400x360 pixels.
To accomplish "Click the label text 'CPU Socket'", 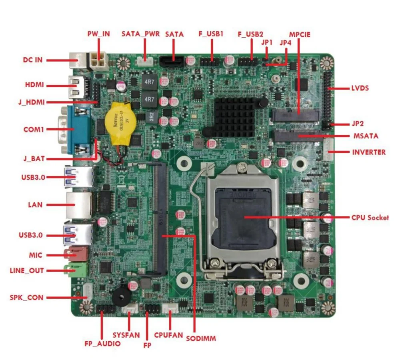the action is tap(370, 218).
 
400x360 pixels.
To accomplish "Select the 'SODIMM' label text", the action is tap(201, 338).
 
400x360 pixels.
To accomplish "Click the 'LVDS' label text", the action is tap(360, 88).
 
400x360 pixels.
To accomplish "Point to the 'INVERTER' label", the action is tap(368, 152).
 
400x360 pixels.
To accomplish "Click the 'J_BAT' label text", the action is tap(34, 159).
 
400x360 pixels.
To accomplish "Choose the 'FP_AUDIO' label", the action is tap(102, 343).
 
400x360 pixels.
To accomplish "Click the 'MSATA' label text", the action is tap(366, 136).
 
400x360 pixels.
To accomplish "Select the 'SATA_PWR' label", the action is tap(140, 34).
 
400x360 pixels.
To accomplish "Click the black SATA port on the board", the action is tap(172, 62).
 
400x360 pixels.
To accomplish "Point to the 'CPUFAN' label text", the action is tap(168, 335).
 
